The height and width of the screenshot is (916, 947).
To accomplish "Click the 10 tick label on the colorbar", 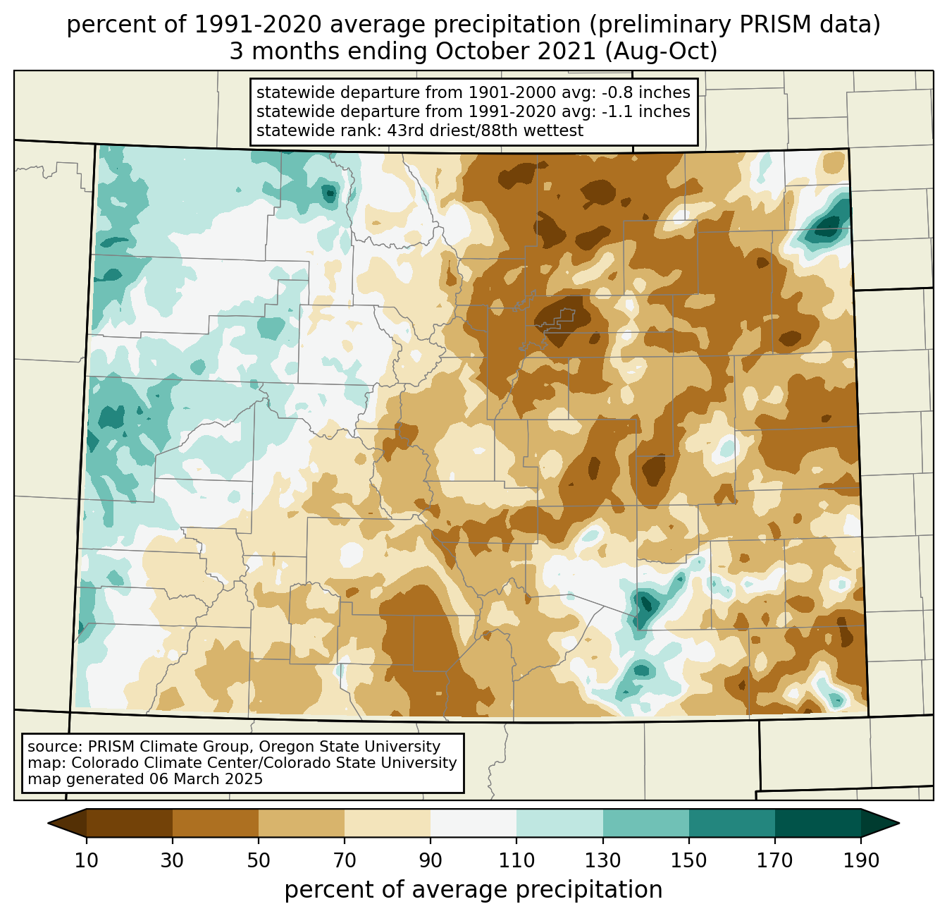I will [x=87, y=860].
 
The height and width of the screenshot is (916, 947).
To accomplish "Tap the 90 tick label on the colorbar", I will [x=431, y=860].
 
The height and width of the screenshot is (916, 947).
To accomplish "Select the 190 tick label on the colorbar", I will [x=861, y=860].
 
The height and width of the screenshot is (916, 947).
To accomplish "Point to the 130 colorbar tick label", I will [x=603, y=860].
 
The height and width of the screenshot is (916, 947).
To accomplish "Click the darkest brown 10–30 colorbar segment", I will [x=130, y=823].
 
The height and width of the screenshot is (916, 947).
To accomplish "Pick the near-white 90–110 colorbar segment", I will [x=473, y=823].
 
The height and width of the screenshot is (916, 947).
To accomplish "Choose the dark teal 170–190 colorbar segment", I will [x=818, y=823].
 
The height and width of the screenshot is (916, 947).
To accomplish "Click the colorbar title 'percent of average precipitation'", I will [x=473, y=890].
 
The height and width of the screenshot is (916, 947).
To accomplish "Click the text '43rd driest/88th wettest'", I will [x=476, y=130].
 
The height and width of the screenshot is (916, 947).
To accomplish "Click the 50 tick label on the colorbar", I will [x=259, y=860].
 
